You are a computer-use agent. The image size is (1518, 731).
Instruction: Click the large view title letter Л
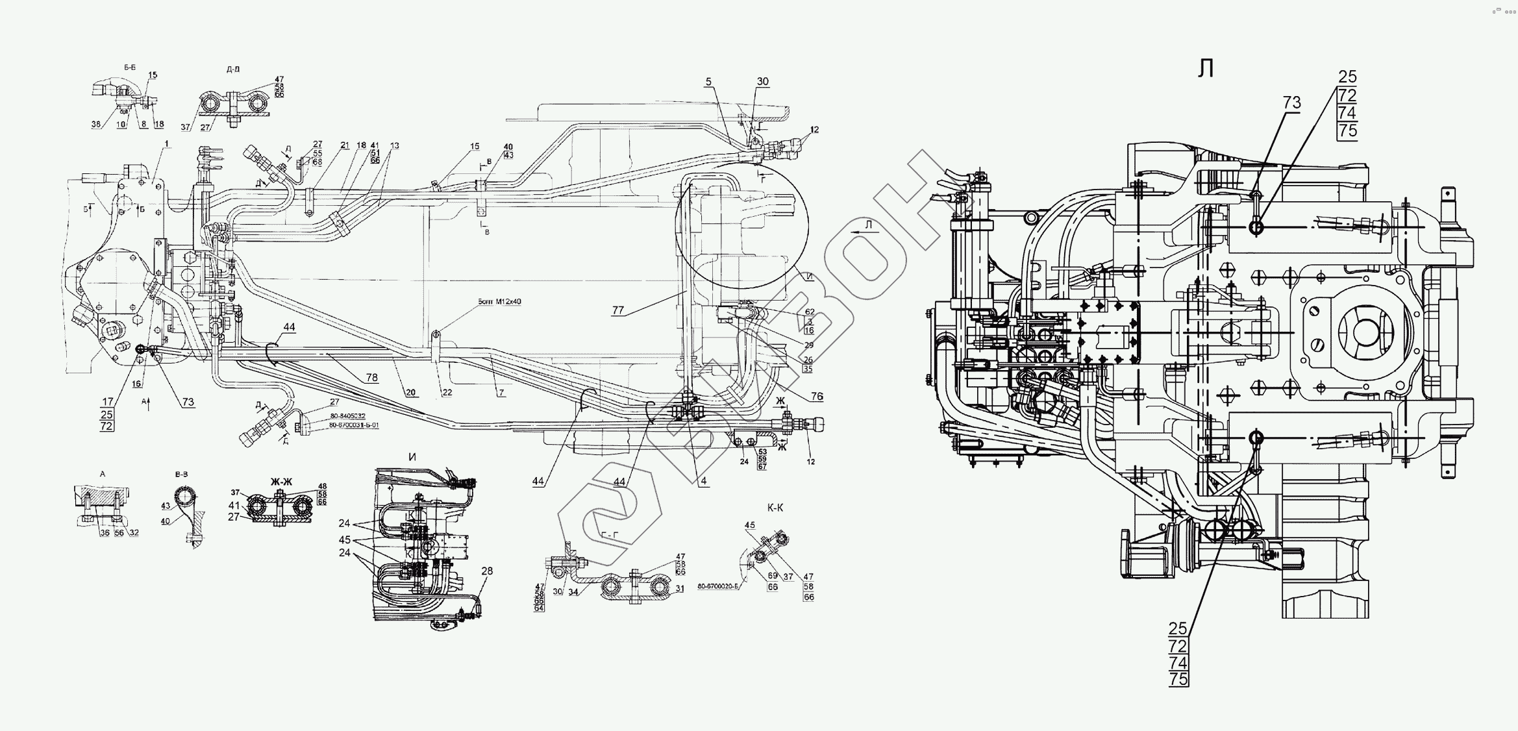pyautogui.click(x=1206, y=69)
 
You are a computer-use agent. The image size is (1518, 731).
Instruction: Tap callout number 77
pyautogui.click(x=617, y=310)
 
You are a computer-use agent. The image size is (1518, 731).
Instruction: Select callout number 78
pyautogui.click(x=371, y=378)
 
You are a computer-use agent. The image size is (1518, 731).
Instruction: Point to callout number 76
pyautogui.click(x=817, y=397)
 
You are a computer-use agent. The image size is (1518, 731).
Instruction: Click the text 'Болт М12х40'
pyautogui.click(x=499, y=301)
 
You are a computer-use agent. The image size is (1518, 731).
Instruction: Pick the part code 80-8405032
pyautogui.click(x=347, y=415)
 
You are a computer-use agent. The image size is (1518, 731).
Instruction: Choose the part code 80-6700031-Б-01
pyautogui.click(x=353, y=425)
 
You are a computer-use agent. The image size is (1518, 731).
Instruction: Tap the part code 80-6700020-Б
pyautogui.click(x=719, y=586)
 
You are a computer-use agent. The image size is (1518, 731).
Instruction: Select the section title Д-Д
pyautogui.click(x=233, y=68)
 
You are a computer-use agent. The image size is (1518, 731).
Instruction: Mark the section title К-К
pyautogui.click(x=775, y=508)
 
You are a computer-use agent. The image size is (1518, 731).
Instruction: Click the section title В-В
pyautogui.click(x=182, y=475)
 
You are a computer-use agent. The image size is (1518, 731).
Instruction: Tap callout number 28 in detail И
pyautogui.click(x=487, y=571)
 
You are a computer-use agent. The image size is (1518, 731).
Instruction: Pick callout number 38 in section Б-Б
pyautogui.click(x=96, y=124)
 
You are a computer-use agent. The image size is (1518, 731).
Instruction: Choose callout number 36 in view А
pyautogui.click(x=104, y=532)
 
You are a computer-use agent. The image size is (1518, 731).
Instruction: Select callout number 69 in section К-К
pyautogui.click(x=773, y=576)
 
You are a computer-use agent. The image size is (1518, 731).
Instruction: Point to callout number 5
pyautogui.click(x=708, y=82)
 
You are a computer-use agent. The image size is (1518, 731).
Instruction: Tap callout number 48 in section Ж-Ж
pyautogui.click(x=322, y=487)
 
